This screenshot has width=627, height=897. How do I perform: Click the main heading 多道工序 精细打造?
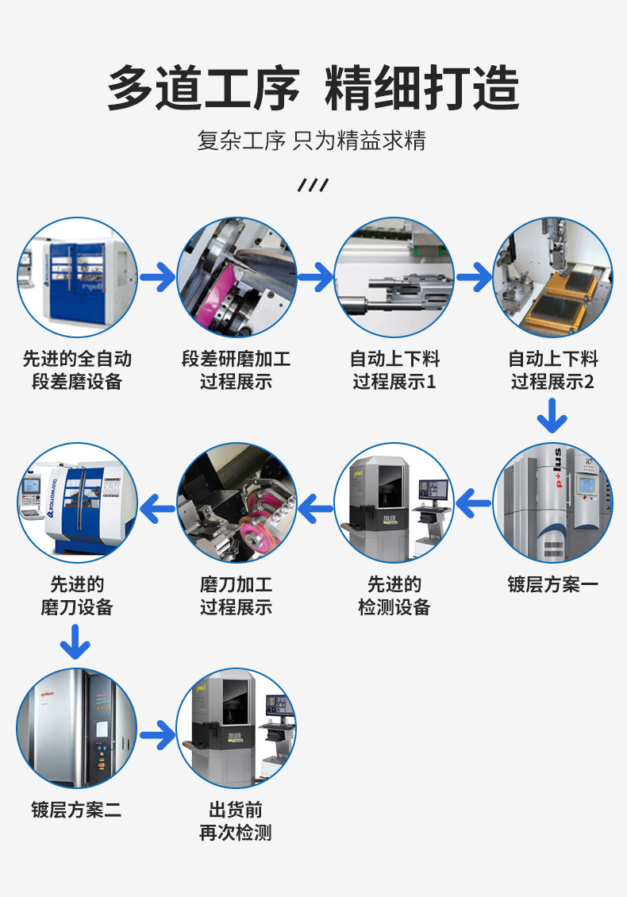313,87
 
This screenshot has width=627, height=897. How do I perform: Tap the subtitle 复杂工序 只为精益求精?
312,141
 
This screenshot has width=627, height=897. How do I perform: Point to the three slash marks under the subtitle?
313,186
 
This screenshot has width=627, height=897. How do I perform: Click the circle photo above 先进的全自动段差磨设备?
77,278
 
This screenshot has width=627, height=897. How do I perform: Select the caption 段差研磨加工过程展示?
236,371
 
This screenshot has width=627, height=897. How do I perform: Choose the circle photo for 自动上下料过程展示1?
394,278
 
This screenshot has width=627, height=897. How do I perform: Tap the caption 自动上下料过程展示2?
552,371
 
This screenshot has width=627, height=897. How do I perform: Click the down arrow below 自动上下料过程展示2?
552,415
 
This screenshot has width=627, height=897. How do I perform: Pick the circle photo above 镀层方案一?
552,503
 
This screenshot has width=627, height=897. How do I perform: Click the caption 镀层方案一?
552,585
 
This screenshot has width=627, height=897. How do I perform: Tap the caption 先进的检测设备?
394,596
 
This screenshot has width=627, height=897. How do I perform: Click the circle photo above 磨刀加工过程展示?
236,503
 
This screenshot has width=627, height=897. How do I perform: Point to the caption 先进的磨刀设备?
77,596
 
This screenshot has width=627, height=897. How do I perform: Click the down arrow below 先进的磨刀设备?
75,641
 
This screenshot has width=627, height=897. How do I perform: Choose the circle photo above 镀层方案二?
77,729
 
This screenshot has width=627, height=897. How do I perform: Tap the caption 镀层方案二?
77,810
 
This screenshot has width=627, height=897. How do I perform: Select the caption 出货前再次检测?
236,822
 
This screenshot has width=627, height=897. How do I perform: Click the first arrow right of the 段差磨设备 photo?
157,278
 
